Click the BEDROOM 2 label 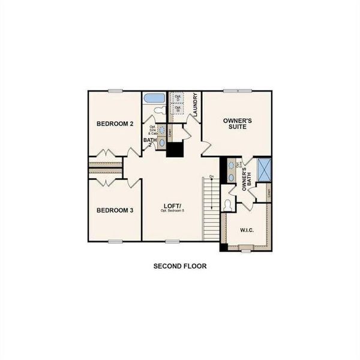pyautogui.click(x=115, y=124)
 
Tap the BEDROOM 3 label pyautogui.click(x=115, y=211)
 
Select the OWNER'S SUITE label pyautogui.click(x=237, y=124)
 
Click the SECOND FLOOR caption pyautogui.click(x=180, y=266)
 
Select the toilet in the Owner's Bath pyautogui.click(x=227, y=204)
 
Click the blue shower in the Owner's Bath pyautogui.click(x=264, y=170)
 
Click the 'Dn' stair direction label pyautogui.click(x=211, y=176)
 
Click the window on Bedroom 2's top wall pyautogui.click(x=115, y=91)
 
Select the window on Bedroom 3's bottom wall pyautogui.click(x=115, y=241)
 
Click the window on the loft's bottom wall pyautogui.click(x=173, y=241)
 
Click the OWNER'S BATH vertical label pyautogui.click(x=245, y=178)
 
